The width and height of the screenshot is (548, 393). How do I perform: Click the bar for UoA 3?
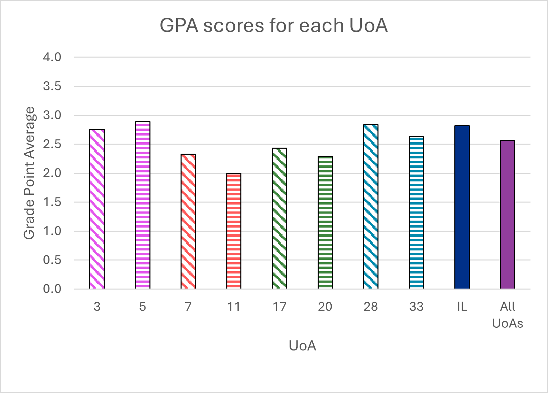(97, 209)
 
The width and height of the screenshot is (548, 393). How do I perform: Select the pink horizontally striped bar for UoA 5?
(143, 205)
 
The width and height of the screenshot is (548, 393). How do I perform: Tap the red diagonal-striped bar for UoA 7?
(188, 221)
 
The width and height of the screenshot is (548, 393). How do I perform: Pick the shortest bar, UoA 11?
(234, 231)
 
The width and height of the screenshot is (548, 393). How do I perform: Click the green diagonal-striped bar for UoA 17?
(280, 218)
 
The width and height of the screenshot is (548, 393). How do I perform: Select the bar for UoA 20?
(325, 222)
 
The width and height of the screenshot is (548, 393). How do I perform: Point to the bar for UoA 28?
(371, 207)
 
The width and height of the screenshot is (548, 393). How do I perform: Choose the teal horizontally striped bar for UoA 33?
(416, 213)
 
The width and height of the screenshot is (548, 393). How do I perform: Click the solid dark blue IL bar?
(462, 207)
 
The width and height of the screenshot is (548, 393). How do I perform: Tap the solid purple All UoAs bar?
(508, 215)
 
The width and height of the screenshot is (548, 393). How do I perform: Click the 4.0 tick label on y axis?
(52, 57)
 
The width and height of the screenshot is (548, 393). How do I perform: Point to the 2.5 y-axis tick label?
(52, 144)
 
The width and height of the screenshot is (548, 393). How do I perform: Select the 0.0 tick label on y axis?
(52, 289)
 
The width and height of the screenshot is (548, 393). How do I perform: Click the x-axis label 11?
(234, 306)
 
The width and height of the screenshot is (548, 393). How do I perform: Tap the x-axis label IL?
(462, 306)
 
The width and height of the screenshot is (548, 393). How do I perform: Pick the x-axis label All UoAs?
(508, 315)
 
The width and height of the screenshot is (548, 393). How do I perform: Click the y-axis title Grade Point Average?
(29, 173)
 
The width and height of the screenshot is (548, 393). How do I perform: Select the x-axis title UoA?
(302, 345)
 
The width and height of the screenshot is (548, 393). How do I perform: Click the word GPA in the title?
(179, 25)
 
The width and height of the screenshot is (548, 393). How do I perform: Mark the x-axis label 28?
(371, 306)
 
